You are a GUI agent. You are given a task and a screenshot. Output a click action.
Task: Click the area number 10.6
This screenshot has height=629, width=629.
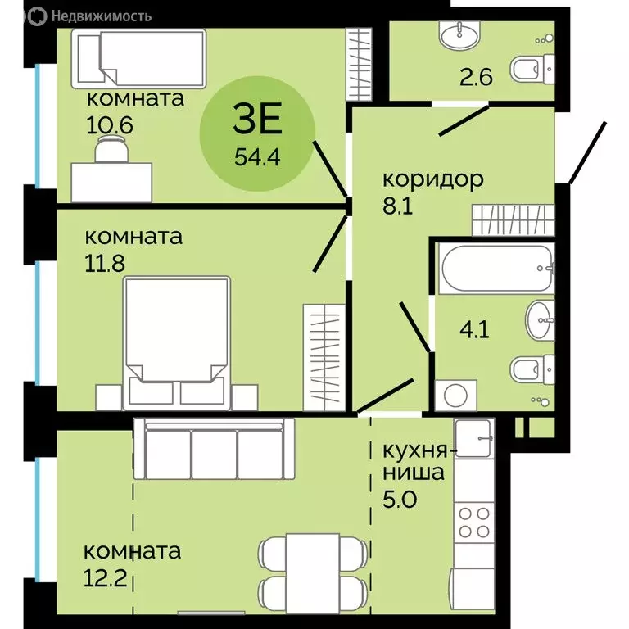pyautogui.click(x=110, y=125)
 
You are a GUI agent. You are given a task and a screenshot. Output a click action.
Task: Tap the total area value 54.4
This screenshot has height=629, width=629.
pyautogui.click(x=257, y=157)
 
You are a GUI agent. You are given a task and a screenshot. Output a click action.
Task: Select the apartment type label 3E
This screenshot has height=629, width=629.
pyautogui.click(x=258, y=118)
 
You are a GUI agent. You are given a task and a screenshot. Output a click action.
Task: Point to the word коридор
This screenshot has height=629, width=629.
pyautogui.click(x=433, y=179)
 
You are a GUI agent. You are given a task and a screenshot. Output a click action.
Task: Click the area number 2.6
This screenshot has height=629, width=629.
pyautogui.click(x=476, y=77)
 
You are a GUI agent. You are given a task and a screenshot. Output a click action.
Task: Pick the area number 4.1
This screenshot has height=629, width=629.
pyautogui.click(x=474, y=330)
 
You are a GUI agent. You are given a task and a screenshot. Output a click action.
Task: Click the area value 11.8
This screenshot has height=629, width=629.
pyautogui.click(x=105, y=263)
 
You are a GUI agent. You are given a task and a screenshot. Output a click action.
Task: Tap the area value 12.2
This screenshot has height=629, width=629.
pyautogui.click(x=105, y=578)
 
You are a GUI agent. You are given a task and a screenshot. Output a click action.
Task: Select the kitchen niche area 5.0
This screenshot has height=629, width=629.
pyautogui.click(x=400, y=499)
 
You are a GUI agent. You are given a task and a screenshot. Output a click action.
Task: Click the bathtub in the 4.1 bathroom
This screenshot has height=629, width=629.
pyautogui.click(x=496, y=269)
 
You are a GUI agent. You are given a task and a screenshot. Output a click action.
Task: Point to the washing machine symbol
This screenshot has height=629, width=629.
pyautogui.click(x=456, y=396)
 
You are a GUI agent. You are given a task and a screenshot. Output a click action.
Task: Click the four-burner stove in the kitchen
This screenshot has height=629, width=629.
pyautogui.click(x=474, y=523)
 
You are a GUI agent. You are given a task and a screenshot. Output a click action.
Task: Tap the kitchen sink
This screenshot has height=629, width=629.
pyautogui.click(x=473, y=438)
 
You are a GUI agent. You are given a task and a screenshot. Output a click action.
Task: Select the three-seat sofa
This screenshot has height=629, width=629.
pyautogui.click(x=215, y=449)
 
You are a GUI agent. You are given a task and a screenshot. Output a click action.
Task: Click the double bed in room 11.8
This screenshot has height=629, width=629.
pyautogui.click(x=177, y=343)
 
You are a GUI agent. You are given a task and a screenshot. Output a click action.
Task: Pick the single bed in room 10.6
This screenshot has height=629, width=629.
pyautogui.click(x=138, y=59)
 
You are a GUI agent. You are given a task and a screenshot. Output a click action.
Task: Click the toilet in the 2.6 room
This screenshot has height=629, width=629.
pyautogui.click(x=532, y=70)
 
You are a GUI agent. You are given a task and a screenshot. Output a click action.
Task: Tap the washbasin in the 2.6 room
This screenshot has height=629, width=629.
pyautogui.click(x=459, y=34)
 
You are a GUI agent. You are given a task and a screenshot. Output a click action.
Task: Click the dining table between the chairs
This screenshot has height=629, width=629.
pyautogui.click(x=313, y=572)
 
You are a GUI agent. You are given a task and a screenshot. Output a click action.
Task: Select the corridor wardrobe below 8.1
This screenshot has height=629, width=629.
pyautogui.click(x=513, y=219)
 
